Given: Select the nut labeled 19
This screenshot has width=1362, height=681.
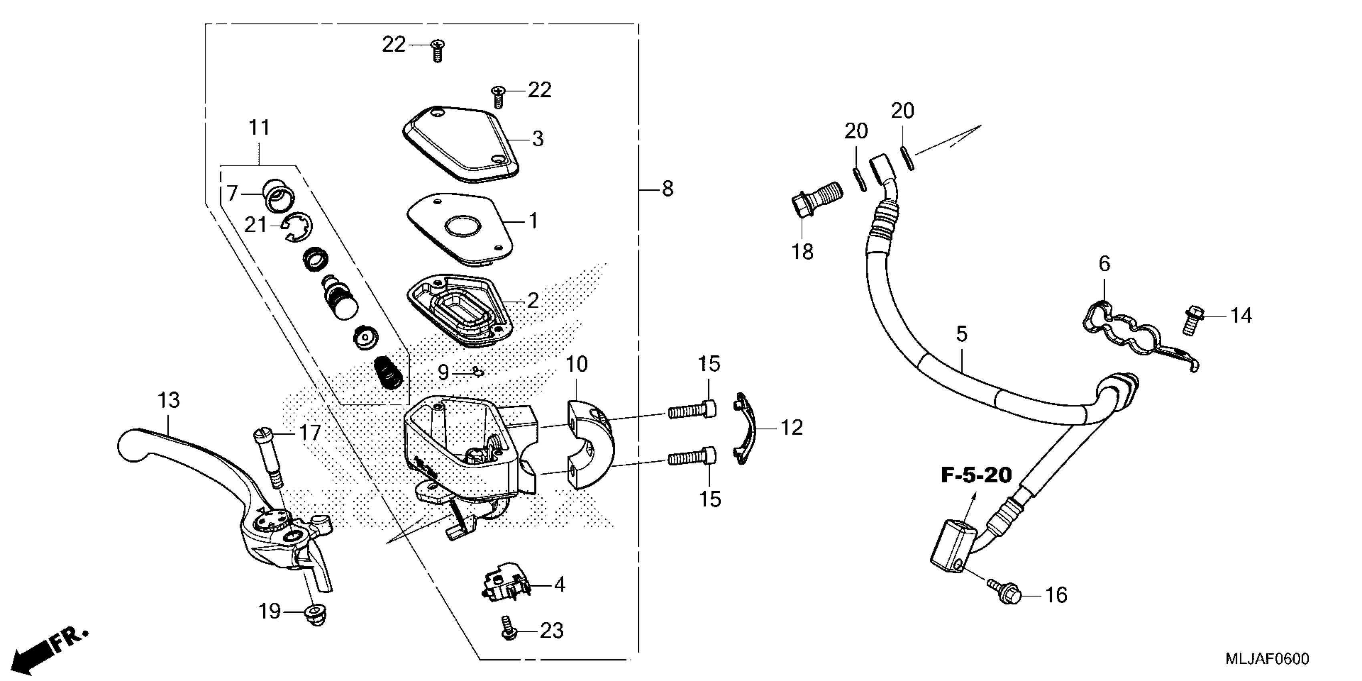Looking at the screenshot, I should (x=316, y=615).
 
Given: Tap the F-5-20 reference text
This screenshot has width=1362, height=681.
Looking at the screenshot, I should (x=976, y=475).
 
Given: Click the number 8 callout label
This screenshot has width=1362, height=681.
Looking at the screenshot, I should (x=667, y=189).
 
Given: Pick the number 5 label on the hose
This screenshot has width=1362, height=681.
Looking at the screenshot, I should (x=962, y=334).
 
